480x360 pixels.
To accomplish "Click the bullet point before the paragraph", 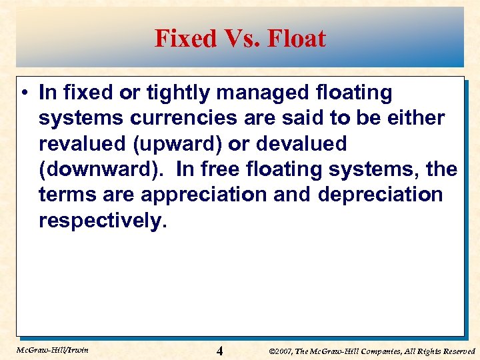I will [x=25, y=93].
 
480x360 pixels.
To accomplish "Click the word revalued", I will [x=82, y=143].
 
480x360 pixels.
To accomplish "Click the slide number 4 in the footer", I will [x=220, y=350].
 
